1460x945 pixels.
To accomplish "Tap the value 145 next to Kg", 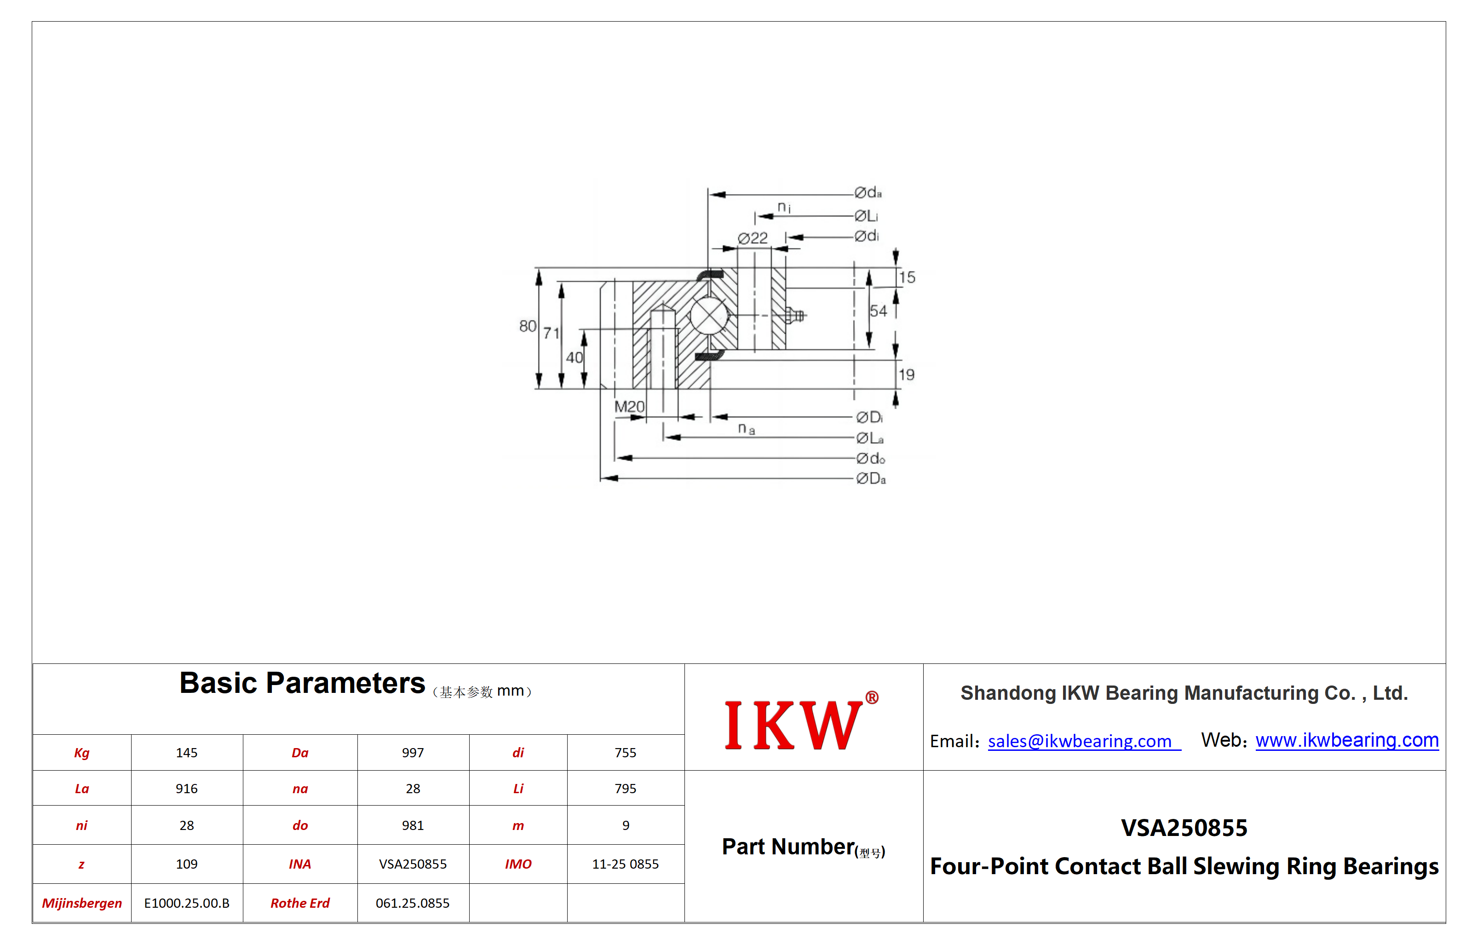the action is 186,753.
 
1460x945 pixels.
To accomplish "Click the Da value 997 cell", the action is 413,753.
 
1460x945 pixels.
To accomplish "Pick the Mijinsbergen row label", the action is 81,903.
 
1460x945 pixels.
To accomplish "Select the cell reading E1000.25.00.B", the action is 186,903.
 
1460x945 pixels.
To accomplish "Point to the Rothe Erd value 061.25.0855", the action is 413,903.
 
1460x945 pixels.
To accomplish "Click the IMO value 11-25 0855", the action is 625,864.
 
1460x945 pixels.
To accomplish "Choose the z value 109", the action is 186,864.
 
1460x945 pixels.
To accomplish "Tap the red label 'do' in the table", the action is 300,825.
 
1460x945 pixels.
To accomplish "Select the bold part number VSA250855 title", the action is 1184,828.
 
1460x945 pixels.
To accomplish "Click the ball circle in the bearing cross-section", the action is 709,316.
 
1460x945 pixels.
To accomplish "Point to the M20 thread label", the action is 629,406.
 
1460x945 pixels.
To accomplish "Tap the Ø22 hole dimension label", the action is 753,238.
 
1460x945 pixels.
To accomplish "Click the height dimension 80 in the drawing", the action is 528,326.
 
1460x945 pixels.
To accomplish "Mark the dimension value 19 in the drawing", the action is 907,375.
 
